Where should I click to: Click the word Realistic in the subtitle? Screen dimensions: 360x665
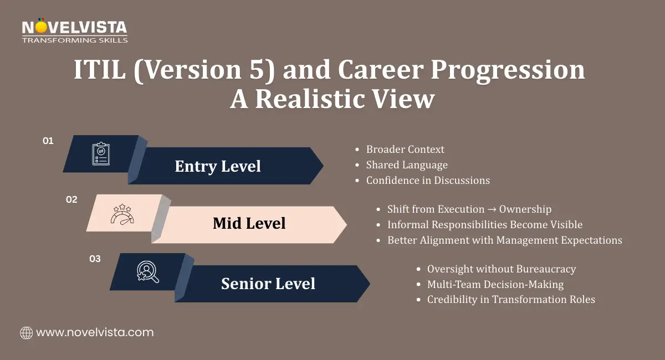[326, 99]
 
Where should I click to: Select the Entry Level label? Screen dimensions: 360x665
[218, 166]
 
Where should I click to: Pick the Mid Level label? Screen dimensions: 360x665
[249, 223]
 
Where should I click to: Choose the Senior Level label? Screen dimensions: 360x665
[268, 284]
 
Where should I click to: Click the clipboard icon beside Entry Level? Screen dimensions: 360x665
[101, 154]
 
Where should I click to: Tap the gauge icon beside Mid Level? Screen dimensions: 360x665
[122, 214]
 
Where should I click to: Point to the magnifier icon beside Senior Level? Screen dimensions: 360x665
[147, 272]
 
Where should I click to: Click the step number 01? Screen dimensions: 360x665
[48, 141]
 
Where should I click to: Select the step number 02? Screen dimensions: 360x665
[71, 200]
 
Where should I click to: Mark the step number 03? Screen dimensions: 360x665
[95, 259]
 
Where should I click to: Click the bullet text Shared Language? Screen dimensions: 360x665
[407, 164]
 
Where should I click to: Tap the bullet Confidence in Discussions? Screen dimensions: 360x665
[428, 180]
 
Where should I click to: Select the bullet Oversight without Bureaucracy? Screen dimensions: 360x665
[501, 269]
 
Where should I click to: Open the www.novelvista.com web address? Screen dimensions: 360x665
[95, 332]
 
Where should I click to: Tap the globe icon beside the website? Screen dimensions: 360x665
[26, 333]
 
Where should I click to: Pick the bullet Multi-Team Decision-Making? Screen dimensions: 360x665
[495, 284]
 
